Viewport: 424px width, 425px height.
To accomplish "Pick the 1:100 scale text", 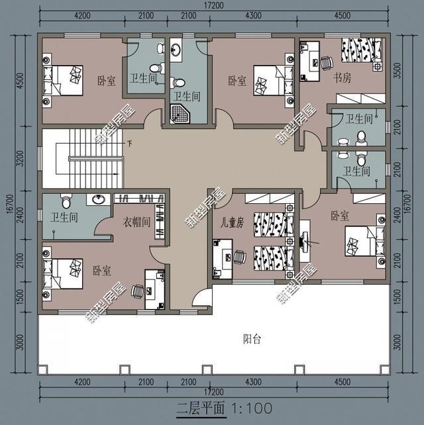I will pyautogui.click(x=251, y=406).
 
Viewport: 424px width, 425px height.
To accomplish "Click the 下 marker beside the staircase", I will pyautogui.click(x=130, y=143).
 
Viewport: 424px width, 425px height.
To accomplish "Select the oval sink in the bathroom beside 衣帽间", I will pyautogui.click(x=99, y=199).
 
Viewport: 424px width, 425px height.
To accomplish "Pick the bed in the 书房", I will pyautogui.click(x=362, y=51).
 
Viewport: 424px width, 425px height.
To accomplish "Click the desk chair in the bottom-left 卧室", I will pyautogui.click(x=137, y=289).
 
